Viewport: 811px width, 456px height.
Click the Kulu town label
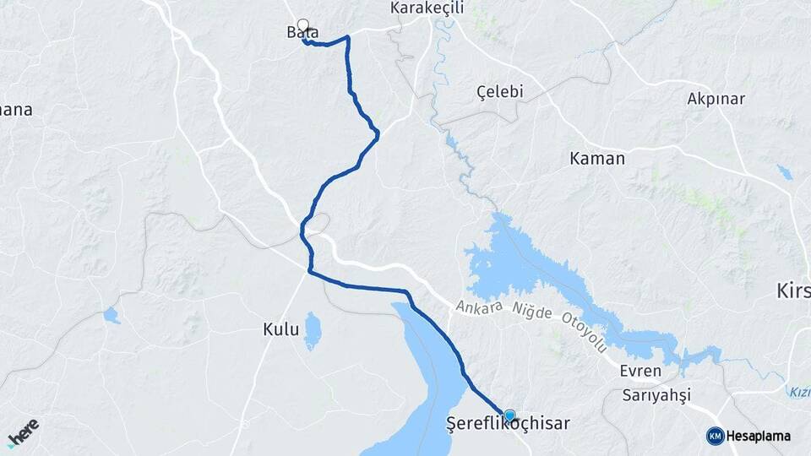tap(280, 329)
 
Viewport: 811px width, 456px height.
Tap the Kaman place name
tap(597, 158)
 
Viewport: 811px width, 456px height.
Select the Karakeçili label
tap(426, 8)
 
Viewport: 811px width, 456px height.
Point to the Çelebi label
tap(500, 91)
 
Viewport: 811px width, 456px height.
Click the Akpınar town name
tap(716, 99)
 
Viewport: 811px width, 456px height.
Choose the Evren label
tap(634, 372)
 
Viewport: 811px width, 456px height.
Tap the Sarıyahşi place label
tap(656, 395)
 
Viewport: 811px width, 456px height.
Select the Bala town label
tap(302, 33)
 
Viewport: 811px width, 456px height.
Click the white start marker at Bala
tap(302, 25)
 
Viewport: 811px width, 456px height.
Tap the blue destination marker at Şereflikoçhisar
tap(509, 415)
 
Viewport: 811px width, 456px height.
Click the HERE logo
tap(23, 432)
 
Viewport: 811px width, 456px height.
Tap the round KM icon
tap(715, 436)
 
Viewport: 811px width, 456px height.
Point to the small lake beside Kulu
tap(313, 331)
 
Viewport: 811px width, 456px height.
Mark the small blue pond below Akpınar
tap(785, 172)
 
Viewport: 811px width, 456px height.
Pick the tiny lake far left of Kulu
tap(112, 316)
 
